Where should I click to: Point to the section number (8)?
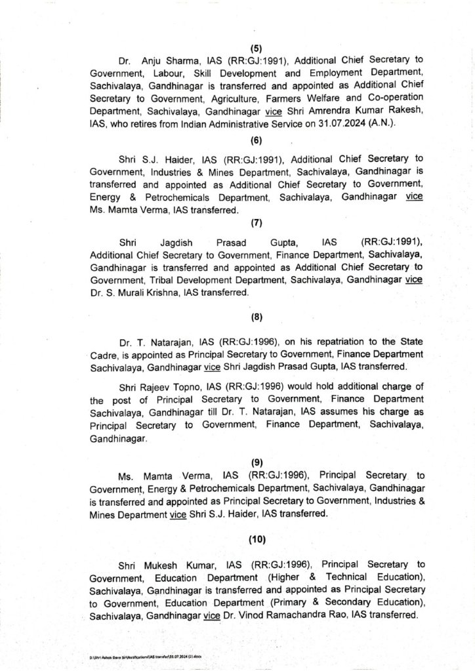pyautogui.click(x=256, y=318)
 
